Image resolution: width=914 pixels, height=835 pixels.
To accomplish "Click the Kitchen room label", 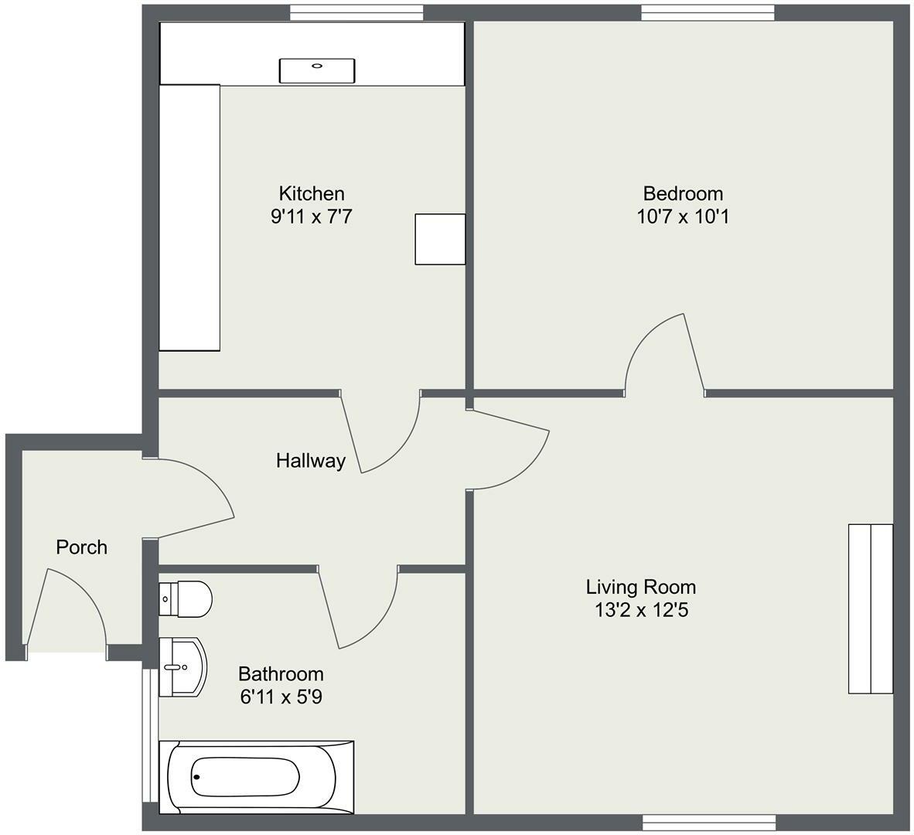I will pyautogui.click(x=311, y=193).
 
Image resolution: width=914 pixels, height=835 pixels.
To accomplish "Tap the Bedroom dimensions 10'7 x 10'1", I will pyautogui.click(x=683, y=216).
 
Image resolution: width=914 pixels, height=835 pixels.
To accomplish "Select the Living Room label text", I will pyautogui.click(x=640, y=587).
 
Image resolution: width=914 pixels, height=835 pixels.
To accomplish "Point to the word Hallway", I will pyautogui.click(x=311, y=462).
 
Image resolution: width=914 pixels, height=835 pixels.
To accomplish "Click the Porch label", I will pyautogui.click(x=82, y=547).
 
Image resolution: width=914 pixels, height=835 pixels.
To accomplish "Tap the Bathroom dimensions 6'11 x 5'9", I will pyautogui.click(x=281, y=697).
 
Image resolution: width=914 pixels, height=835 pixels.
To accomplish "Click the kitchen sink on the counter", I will pyautogui.click(x=317, y=70).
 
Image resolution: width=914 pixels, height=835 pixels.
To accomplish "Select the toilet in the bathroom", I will pyautogui.click(x=186, y=599).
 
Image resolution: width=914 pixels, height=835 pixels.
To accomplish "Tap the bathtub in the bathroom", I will pyautogui.click(x=255, y=777).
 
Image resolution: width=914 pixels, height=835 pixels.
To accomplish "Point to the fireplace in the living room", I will pyautogui.click(x=871, y=608).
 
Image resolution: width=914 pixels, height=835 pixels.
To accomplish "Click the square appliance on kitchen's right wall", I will pyautogui.click(x=440, y=240).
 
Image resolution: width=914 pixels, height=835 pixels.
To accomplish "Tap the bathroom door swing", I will pyautogui.click(x=363, y=611).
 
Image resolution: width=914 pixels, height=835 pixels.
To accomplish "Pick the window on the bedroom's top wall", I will pyautogui.click(x=708, y=12).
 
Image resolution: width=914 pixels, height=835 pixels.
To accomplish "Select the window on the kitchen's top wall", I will pyautogui.click(x=356, y=12).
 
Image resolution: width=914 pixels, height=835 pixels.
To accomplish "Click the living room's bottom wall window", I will pyautogui.click(x=709, y=823).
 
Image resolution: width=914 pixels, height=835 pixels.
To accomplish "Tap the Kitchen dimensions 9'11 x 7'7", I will pyautogui.click(x=311, y=216).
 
